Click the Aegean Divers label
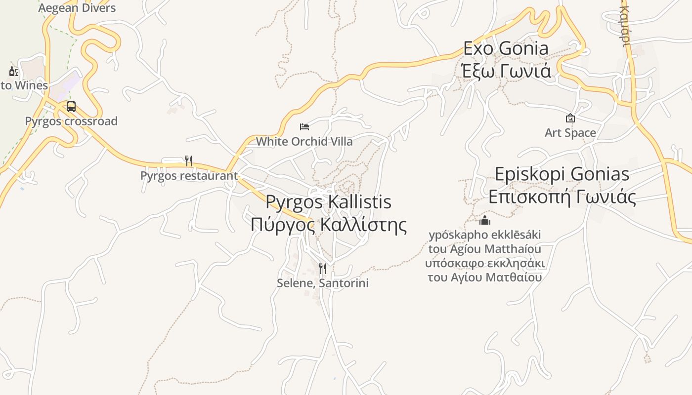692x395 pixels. coord(77,8)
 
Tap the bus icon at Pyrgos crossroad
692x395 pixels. coord(71,107)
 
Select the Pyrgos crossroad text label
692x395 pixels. coord(71,121)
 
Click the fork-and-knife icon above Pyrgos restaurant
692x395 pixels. coord(188,160)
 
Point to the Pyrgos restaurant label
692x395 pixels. coord(189,176)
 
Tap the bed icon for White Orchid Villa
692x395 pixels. coord(304,127)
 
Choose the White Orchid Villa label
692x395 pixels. coord(304,142)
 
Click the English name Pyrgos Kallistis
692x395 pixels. coord(329,202)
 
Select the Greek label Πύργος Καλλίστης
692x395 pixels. coord(329,225)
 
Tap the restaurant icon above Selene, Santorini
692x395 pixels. coord(323,269)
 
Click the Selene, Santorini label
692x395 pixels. coord(323,283)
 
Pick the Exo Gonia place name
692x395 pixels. coord(506,48)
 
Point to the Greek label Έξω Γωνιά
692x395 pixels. coord(506,71)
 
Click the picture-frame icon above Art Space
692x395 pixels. coord(570,118)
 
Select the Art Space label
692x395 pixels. coord(570,133)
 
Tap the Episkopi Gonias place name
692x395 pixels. coord(562,174)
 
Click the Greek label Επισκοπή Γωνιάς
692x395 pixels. coord(562,197)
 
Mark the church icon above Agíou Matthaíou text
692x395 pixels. coord(485,220)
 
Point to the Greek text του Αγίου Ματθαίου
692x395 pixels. coord(485,277)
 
